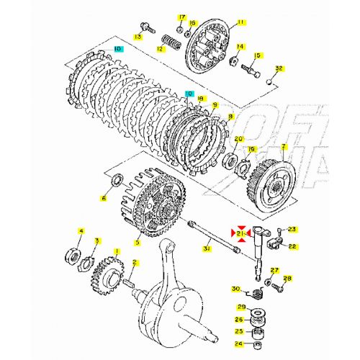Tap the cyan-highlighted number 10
[117, 50]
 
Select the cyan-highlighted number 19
[189, 94]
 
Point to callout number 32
[279, 69]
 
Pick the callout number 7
[284, 146]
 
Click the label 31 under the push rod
[207, 248]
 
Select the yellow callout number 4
[81, 231]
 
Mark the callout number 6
[104, 197]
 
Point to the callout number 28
[287, 279]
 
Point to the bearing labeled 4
[73, 253]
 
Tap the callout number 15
[256, 55]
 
